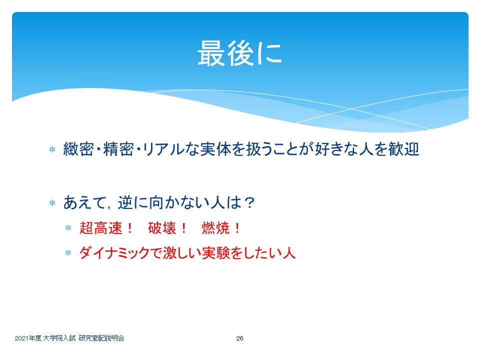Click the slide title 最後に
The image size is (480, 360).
tap(239, 53)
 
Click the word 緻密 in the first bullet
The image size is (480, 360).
tap(78, 149)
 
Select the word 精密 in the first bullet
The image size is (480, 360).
tap(118, 149)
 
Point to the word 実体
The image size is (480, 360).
tap(215, 149)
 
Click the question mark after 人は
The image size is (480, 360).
tap(249, 202)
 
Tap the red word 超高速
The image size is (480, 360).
tap(100, 228)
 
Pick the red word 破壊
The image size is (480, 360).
tap(162, 228)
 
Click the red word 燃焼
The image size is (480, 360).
tap(216, 228)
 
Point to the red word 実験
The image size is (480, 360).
tap(215, 253)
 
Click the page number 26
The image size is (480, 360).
tap(239, 338)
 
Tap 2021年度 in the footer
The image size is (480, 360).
tap(28, 338)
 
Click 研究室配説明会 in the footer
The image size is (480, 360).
tap(101, 338)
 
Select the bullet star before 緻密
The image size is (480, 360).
tap(52, 149)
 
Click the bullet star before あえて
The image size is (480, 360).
tap(52, 203)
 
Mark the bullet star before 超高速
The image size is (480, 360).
tap(68, 228)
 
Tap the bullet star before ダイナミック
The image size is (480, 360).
tap(68, 253)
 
